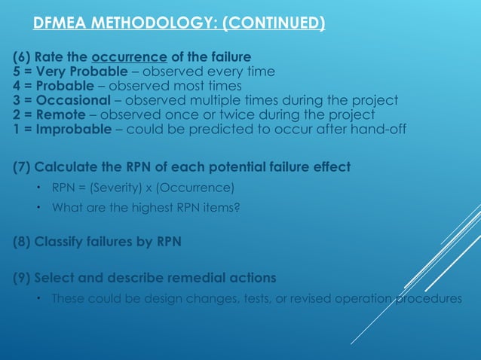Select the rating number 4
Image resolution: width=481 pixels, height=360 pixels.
coord(17,86)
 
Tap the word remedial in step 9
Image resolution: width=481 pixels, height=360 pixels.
coord(179,276)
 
